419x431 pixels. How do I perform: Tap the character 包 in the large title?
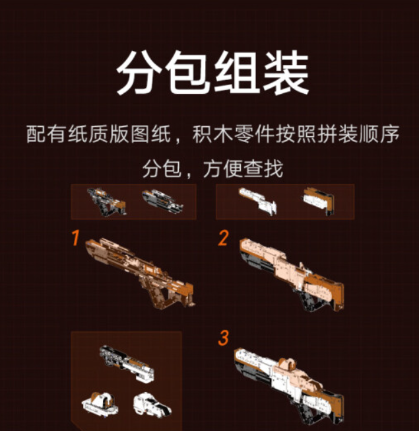pos(188,73)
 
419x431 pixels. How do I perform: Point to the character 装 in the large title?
pos(286,73)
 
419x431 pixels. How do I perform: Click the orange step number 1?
pos(76,238)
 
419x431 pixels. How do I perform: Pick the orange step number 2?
pos(223,238)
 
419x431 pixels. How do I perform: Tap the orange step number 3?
pos(224,338)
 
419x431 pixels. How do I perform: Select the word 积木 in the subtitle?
pos(213,134)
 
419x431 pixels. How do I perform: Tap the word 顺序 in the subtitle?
pos(379,134)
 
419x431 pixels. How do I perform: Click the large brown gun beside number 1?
pos(140,273)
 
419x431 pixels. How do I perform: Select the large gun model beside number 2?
pos(292,274)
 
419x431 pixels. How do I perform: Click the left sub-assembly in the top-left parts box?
pos(106,202)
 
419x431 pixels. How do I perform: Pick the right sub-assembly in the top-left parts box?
pos(162,201)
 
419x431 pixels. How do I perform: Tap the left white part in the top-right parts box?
pos(257,201)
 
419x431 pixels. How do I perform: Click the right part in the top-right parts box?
pos(318,201)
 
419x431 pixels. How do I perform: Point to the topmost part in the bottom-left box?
pos(127,364)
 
